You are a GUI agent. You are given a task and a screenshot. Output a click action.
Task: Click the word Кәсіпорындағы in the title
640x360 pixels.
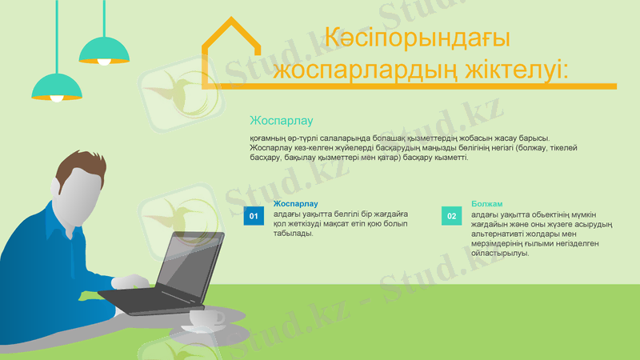[x=418, y=38]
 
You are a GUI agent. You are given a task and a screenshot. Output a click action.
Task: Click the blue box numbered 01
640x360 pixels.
[x=254, y=216]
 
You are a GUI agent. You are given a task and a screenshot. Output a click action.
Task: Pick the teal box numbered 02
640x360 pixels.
[x=451, y=216]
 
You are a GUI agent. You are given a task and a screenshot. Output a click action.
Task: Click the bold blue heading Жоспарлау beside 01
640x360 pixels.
[x=295, y=204]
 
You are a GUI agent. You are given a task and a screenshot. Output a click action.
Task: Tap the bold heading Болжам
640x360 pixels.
[x=487, y=204]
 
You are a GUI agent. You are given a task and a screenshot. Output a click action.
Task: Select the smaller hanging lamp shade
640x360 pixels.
[x=104, y=50]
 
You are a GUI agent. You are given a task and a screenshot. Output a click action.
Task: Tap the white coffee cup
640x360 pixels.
[x=205, y=318]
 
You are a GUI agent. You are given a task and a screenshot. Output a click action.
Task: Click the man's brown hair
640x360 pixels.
[x=78, y=170]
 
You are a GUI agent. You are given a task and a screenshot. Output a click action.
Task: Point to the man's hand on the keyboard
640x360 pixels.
[x=129, y=282]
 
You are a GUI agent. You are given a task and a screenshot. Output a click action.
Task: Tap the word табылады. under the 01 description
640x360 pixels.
[x=293, y=234]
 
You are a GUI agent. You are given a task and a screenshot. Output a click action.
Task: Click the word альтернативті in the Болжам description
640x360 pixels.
[x=498, y=234]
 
